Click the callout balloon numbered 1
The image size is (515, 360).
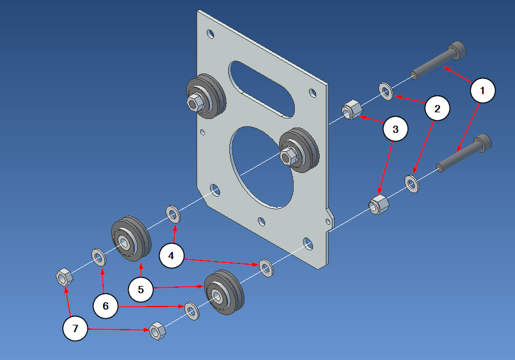pyautogui.click(x=483, y=90)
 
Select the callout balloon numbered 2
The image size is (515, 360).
pyautogui.click(x=437, y=109)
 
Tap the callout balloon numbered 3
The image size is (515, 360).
pyautogui.click(x=396, y=129)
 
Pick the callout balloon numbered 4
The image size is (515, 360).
pyautogui.click(x=172, y=256)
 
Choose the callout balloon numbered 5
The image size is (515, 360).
pyautogui.click(x=141, y=290)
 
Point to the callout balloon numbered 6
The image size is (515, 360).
pyautogui.click(x=106, y=307)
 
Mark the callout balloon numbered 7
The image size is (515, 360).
pyautogui.click(x=76, y=329)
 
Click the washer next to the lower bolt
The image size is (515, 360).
pyautogui.click(x=412, y=183)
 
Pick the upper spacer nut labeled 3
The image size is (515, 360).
pyautogui.click(x=351, y=111)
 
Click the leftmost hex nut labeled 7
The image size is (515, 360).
pyautogui.click(x=64, y=277)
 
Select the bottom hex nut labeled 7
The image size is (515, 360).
pyautogui.click(x=157, y=331)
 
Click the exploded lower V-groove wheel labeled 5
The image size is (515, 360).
pyautogui.click(x=223, y=293)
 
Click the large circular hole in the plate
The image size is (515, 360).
pyautogui.click(x=261, y=167)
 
